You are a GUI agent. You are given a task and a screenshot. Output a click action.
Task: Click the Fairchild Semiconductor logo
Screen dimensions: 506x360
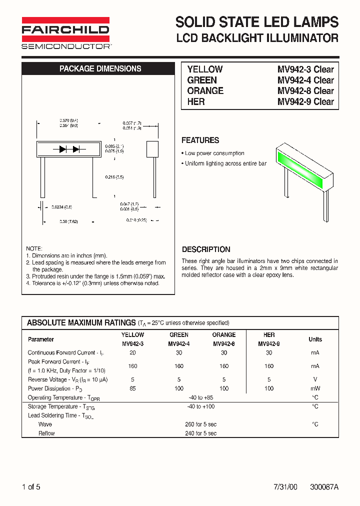click(x=65, y=33)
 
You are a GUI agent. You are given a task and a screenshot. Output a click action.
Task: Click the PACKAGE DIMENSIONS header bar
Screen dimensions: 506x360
click(x=100, y=69)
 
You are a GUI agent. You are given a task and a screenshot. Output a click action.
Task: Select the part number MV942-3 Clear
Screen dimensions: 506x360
click(x=305, y=69)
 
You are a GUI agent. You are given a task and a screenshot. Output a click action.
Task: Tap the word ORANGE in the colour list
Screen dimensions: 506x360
click(x=205, y=90)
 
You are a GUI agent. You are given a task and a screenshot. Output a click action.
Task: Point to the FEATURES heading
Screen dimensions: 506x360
click(x=200, y=140)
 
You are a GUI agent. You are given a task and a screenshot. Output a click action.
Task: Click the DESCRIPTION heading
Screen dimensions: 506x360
click(x=206, y=249)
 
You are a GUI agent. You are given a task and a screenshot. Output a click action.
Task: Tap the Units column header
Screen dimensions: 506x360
click(x=315, y=339)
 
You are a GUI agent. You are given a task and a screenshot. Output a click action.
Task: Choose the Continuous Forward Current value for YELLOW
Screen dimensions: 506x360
click(x=132, y=352)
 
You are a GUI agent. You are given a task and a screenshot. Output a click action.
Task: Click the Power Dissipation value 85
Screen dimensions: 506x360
click(x=132, y=388)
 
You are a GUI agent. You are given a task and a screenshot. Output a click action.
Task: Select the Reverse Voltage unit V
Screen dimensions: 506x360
click(x=315, y=379)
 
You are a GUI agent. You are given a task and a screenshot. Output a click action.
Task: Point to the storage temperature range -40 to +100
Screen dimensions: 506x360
click(x=200, y=406)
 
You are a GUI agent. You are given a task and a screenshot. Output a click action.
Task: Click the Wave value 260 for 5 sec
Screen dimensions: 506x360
click(x=200, y=424)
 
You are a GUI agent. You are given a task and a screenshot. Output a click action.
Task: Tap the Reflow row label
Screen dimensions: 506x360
click(x=46, y=433)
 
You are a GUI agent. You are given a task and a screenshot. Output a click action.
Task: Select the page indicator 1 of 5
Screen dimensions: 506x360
click(x=31, y=486)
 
